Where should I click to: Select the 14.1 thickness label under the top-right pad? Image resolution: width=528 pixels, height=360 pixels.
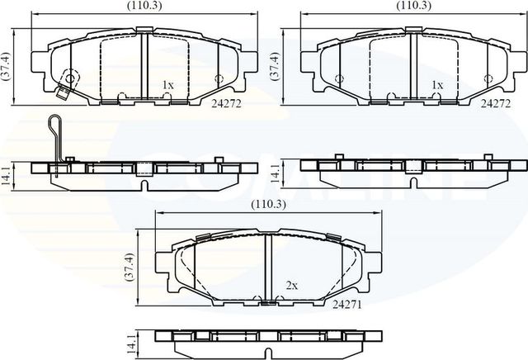click(276, 173)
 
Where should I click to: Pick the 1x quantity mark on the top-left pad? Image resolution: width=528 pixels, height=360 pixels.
click(167, 85)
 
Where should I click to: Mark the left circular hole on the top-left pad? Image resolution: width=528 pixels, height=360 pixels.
click(70, 79)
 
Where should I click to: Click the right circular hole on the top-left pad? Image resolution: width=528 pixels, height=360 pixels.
click(219, 79)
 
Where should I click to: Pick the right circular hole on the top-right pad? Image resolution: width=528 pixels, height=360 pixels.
click(488, 79)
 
